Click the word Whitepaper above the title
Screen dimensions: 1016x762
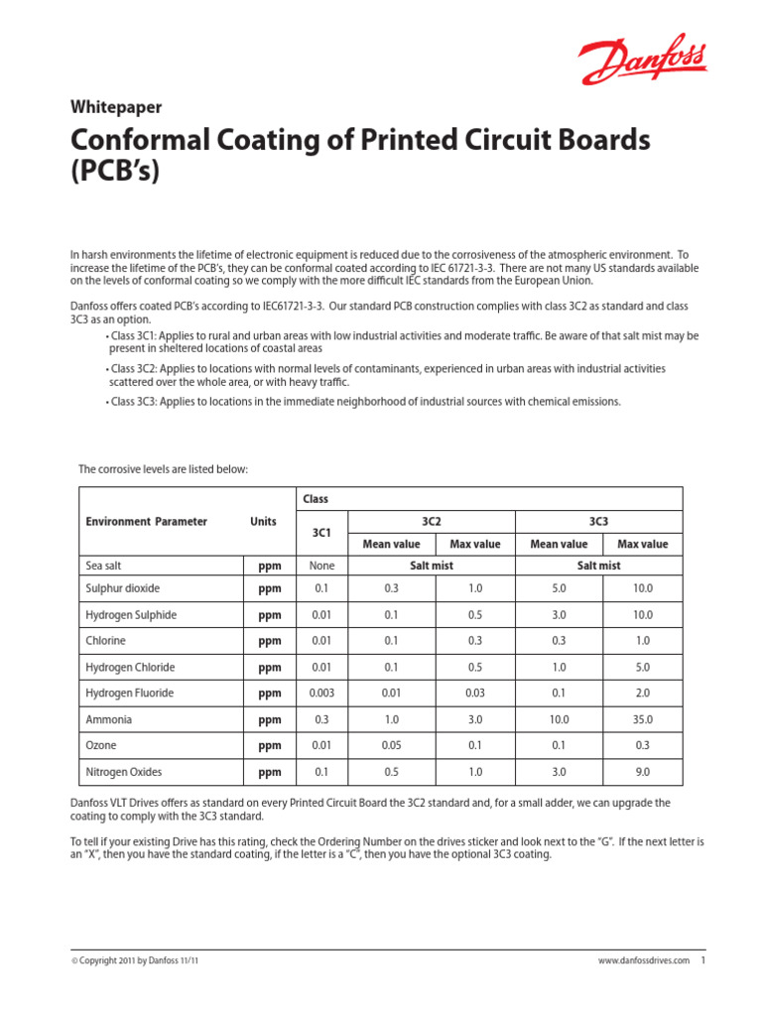click(116, 107)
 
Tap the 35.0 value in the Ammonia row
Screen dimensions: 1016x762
click(643, 719)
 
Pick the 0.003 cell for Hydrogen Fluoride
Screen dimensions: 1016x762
click(320, 694)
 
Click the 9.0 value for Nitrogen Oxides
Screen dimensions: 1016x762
click(643, 772)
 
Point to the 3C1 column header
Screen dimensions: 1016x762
click(320, 533)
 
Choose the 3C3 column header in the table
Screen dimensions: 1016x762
click(598, 520)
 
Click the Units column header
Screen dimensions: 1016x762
click(263, 521)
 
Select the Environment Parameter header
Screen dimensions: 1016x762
click(146, 521)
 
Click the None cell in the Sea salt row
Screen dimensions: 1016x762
click(321, 565)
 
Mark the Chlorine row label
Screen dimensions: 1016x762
click(106, 641)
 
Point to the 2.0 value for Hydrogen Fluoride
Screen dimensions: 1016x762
click(643, 694)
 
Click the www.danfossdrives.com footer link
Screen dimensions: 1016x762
click(643, 961)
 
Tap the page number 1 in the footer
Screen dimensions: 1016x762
click(701, 960)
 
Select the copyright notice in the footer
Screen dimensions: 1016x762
click(140, 961)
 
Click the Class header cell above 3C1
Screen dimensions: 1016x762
click(317, 498)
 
